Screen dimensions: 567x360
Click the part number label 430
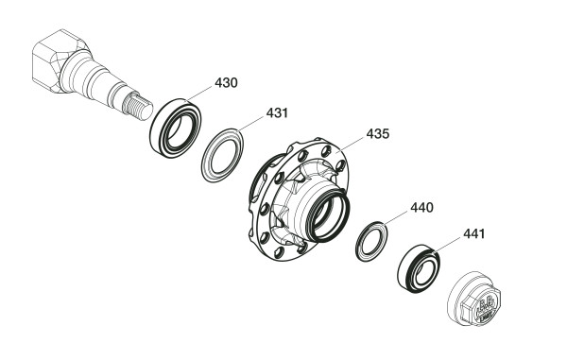[x=226, y=83]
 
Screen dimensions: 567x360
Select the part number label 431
[x=277, y=112]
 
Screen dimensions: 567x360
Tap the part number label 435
[x=377, y=134]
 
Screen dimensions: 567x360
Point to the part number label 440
[x=421, y=208]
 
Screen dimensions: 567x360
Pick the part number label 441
[x=473, y=233]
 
